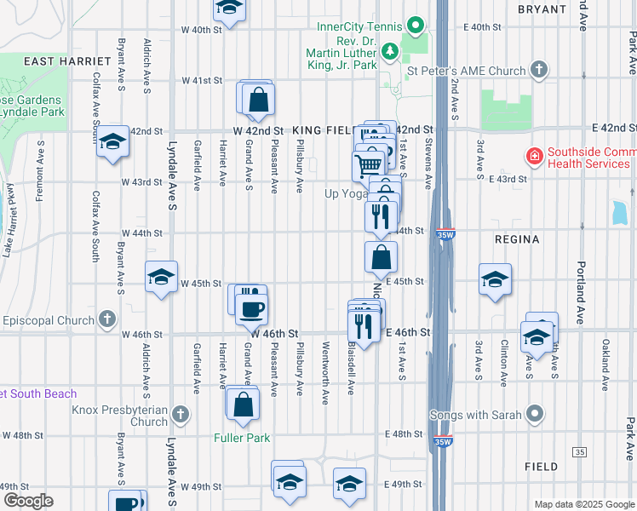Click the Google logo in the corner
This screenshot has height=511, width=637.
click(27, 501)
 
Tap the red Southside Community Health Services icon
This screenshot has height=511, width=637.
click(534, 157)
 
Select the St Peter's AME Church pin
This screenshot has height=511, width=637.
click(538, 70)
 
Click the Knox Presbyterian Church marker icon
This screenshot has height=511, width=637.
click(180, 415)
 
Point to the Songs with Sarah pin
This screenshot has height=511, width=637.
click(535, 415)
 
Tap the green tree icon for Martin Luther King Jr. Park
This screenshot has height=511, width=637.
click(390, 52)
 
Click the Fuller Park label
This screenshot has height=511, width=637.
click(242, 439)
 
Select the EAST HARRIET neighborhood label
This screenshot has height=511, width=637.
click(67, 61)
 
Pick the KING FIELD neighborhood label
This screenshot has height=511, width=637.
click(322, 130)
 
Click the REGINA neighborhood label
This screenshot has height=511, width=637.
click(517, 239)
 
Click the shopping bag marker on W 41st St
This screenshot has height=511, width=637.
click(258, 100)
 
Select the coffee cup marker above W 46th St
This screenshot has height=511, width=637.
click(251, 307)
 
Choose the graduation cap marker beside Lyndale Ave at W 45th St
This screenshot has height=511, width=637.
click(161, 278)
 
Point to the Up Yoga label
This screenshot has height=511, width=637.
click(344, 193)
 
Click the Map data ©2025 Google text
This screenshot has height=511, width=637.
click(583, 504)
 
